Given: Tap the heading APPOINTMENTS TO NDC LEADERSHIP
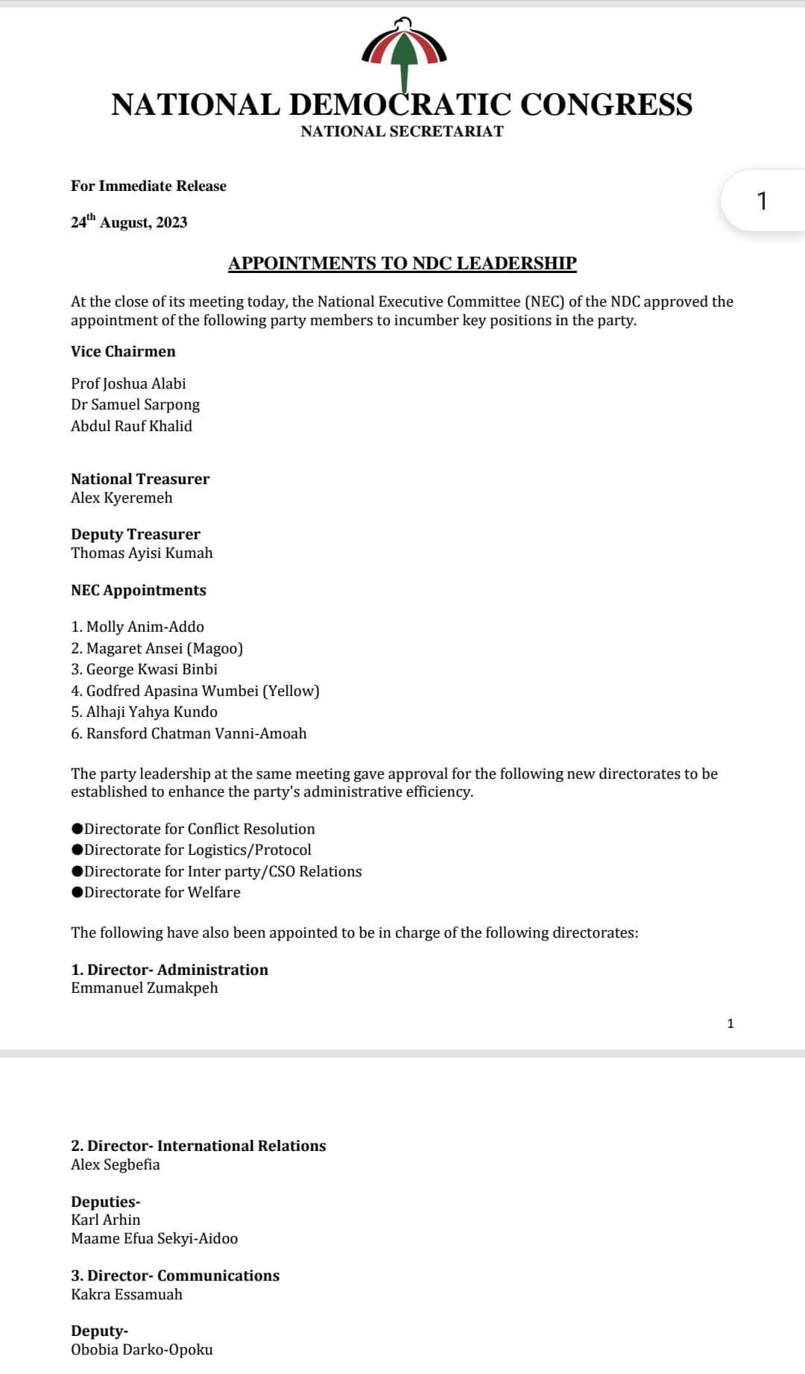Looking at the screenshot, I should tap(402, 263).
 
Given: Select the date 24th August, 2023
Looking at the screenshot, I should tap(129, 222).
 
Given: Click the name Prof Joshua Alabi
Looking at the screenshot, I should tap(128, 383).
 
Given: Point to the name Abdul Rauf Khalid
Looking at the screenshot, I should tap(131, 426).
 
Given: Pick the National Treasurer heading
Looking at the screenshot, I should tap(140, 479).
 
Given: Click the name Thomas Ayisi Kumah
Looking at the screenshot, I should tap(142, 553).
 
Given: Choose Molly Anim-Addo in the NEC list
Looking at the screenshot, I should tap(145, 627).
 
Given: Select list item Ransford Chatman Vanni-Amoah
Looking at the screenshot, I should tap(196, 733).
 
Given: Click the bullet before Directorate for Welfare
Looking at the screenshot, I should tap(77, 892).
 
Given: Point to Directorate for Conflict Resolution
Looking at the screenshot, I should tap(199, 829).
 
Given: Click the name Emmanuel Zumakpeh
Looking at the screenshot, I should tap(145, 988).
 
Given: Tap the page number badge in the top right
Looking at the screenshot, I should tap(761, 201).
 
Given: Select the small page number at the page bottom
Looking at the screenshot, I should tap(730, 1023).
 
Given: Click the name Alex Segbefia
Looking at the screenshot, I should tap(116, 1164).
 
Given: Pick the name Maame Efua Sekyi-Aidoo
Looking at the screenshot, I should tap(154, 1238).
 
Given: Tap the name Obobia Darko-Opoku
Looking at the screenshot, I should tap(142, 1349).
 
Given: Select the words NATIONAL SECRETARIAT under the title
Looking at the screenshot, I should tap(402, 131).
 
